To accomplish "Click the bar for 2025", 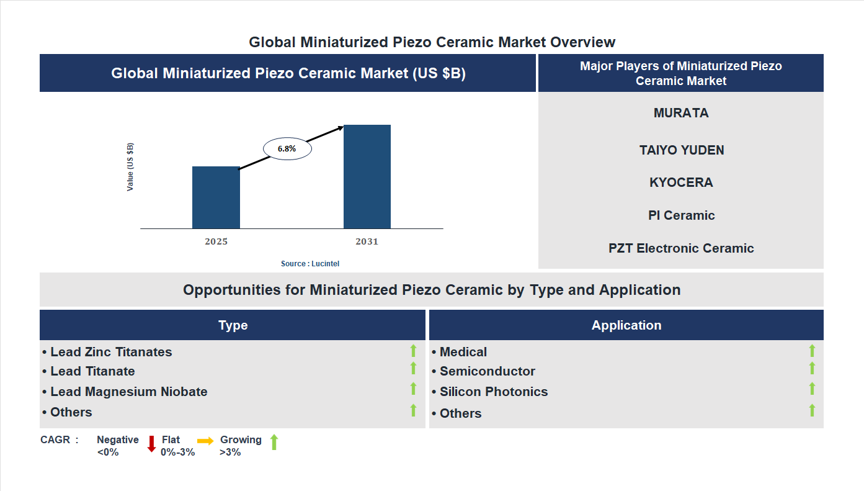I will coord(216,197).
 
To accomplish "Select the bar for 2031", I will coord(367,177).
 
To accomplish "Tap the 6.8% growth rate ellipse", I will coord(287,149).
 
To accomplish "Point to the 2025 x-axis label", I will coord(216,241).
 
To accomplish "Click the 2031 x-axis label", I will coord(367,241).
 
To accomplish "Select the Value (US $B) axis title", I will coord(130,167).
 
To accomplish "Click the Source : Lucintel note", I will coord(310,264).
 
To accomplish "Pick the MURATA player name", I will coord(680,113).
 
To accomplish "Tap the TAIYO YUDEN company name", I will coord(681,150).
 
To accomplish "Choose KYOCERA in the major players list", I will coord(681,182).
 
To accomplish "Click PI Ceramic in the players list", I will coord(681,215).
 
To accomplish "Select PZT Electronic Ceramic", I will coord(681,248).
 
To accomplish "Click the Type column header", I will coord(233,325).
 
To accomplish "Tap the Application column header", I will coord(626,325).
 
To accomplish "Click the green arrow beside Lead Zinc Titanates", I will coord(413,351).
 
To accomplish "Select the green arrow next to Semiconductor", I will coord(812,369).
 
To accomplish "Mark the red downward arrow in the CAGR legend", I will coord(151,444).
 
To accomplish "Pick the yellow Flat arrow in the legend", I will coord(205,441).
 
